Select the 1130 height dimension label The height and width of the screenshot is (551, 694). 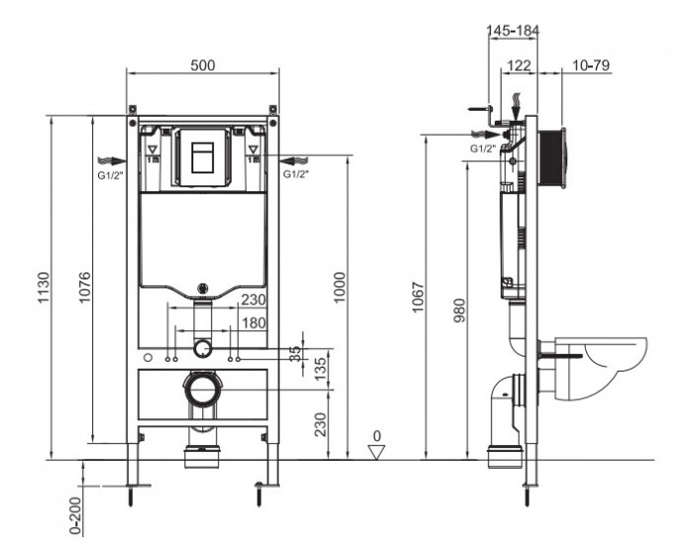[43, 287]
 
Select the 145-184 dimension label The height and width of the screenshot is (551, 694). [514, 31]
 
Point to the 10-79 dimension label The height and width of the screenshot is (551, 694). [591, 64]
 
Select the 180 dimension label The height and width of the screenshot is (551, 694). [254, 324]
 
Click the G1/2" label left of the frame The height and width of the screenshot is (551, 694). [110, 174]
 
